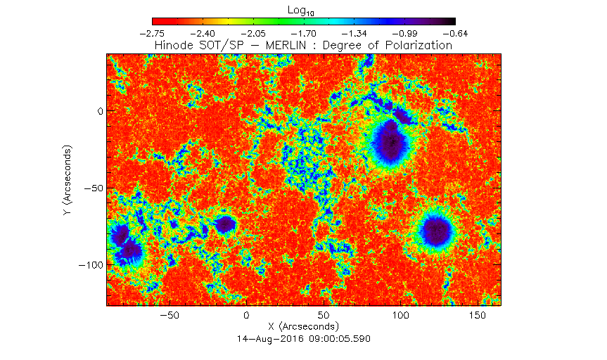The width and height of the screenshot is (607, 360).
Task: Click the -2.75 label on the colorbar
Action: (x=152, y=34)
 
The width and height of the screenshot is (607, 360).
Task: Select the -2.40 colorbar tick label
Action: (x=203, y=34)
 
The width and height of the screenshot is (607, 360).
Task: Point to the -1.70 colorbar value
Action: (x=304, y=34)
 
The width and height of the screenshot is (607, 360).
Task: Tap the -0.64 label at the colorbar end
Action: (x=455, y=34)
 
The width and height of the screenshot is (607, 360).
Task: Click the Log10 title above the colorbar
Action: (x=301, y=11)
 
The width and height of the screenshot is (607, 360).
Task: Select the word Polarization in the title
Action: (x=418, y=46)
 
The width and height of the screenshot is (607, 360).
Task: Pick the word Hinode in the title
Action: (x=174, y=45)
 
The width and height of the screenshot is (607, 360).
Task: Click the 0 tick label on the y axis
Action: (x=101, y=112)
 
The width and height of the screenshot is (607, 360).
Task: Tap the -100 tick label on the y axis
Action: (x=91, y=265)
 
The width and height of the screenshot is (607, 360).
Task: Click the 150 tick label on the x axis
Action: (x=478, y=316)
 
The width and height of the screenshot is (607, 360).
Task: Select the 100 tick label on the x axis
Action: (x=401, y=316)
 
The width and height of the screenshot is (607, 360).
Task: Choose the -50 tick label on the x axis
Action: (x=170, y=316)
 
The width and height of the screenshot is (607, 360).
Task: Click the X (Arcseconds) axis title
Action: (x=303, y=326)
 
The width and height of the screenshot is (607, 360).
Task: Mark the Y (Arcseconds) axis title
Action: (x=68, y=180)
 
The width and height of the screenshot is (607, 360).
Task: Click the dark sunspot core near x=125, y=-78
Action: (x=437, y=231)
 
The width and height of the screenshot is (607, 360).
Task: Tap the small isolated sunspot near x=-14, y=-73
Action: (x=225, y=224)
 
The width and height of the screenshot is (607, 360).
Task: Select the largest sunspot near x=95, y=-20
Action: (x=390, y=141)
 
